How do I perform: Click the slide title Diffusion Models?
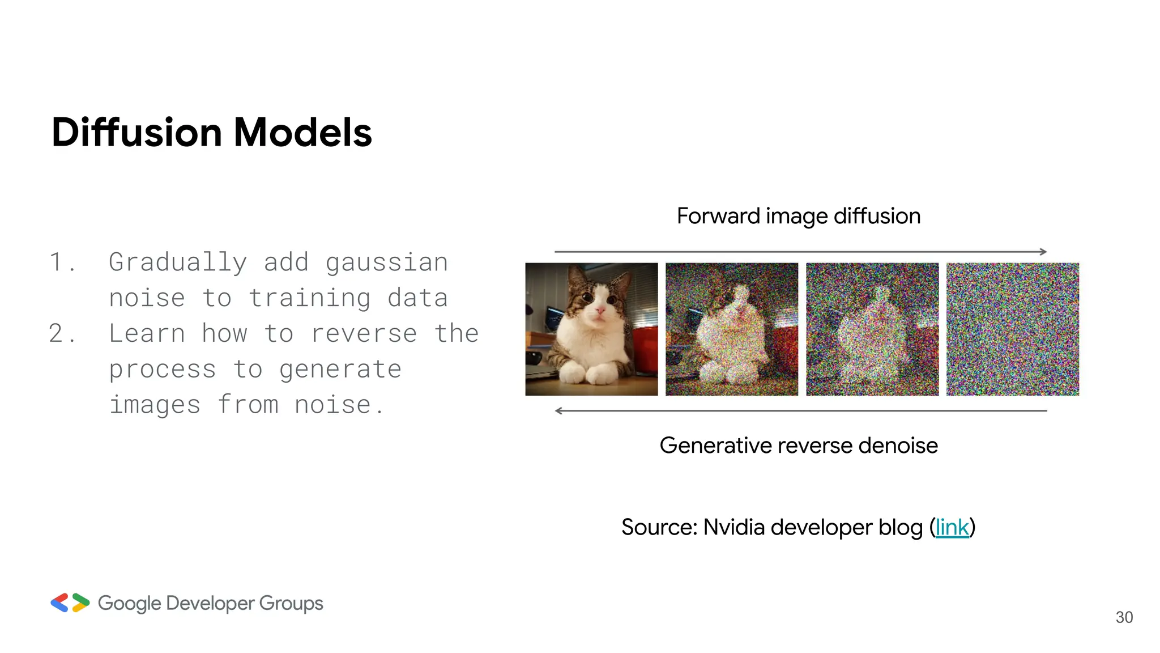(x=211, y=132)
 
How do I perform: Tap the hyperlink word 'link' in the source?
(x=952, y=528)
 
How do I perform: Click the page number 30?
(x=1124, y=617)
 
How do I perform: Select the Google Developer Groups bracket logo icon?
(x=70, y=603)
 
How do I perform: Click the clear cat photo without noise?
(x=591, y=329)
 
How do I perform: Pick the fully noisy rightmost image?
(x=1012, y=329)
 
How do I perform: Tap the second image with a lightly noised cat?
(x=731, y=329)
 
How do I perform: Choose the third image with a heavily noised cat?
(x=872, y=329)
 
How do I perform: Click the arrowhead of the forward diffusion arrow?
(x=1043, y=252)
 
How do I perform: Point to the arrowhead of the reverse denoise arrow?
(x=558, y=411)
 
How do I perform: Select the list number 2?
(x=57, y=333)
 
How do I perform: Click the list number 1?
(x=57, y=262)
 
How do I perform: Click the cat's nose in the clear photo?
(x=600, y=310)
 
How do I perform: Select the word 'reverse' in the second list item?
(x=364, y=334)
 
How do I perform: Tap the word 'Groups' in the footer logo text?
(x=291, y=604)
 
